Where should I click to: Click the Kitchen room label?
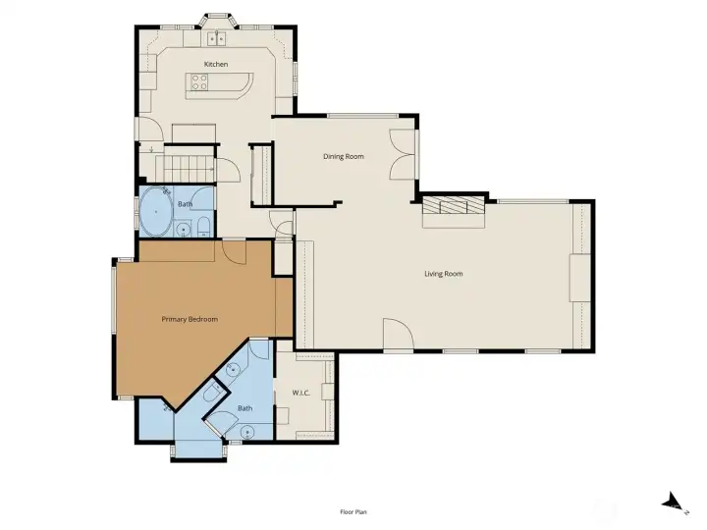point(216,65)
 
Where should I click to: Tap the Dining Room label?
point(344,156)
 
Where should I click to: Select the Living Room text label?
point(443,274)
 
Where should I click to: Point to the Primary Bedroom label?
point(189,319)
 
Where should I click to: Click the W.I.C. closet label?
point(301,394)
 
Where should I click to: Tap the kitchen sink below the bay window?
point(217,38)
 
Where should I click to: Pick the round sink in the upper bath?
point(184,230)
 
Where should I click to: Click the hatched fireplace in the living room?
point(453,206)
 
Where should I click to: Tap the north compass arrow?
point(673,502)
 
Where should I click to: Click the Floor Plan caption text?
point(353,511)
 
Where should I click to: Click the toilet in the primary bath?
point(212,394)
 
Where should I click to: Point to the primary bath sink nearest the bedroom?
point(234,370)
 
